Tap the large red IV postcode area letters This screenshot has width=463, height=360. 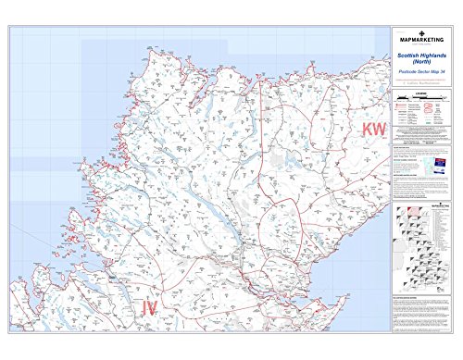pos(154,307)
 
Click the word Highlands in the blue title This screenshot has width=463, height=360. pos(435,56)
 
